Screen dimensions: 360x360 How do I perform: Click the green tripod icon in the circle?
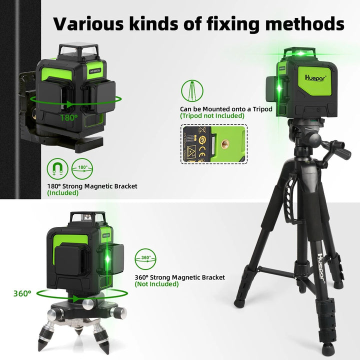[193, 91]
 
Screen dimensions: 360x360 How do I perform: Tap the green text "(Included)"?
[63, 193]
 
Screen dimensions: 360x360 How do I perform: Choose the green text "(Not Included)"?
[156, 284]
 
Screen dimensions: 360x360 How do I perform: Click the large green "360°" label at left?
[23, 293]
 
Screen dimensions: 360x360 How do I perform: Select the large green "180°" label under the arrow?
[69, 117]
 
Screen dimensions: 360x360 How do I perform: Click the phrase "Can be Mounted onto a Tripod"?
[219, 109]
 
